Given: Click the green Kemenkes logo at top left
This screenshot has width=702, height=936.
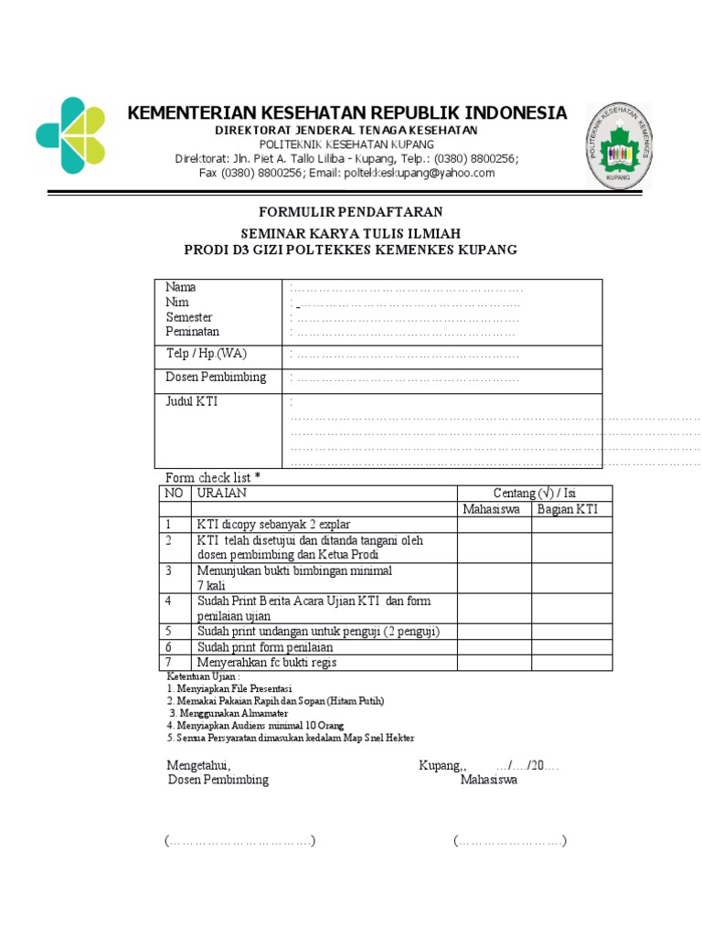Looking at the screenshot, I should tap(70, 135).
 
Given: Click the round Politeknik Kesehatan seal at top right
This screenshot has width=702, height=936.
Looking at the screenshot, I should tap(619, 144).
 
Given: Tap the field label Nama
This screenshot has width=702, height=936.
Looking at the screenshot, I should tap(180, 287).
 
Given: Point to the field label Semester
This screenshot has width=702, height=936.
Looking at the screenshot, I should tap(188, 317).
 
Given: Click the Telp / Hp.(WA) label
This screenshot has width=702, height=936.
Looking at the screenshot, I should tap(206, 354).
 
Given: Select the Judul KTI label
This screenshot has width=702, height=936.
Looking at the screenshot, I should tap(191, 401).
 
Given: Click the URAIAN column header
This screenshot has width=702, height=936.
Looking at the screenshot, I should tap(221, 493).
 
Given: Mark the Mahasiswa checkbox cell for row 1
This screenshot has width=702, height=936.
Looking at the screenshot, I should tap(495, 525).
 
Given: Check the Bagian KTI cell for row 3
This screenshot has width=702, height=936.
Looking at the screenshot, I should tap(572, 578).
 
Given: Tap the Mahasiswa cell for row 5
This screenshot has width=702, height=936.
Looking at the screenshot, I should tap(495, 632).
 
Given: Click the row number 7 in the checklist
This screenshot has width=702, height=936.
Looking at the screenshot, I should tap(169, 663).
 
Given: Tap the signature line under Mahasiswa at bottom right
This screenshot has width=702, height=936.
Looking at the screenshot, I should tap(510, 841).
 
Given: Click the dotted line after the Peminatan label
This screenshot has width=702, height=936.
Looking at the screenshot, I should tap(406, 333).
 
